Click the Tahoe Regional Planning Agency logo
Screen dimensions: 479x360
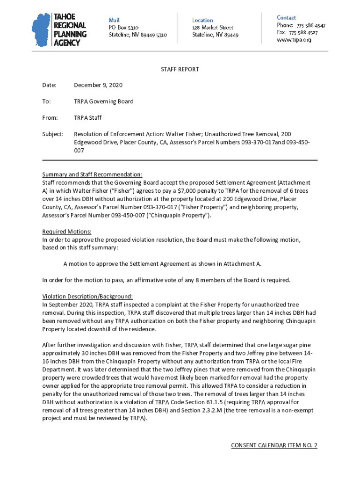click(59, 30)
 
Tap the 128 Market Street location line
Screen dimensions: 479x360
click(213, 28)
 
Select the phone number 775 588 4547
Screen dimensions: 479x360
click(307, 25)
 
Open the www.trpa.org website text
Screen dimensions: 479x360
click(294, 40)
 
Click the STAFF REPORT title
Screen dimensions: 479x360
click(180, 69)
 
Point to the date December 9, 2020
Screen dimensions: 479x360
click(98, 85)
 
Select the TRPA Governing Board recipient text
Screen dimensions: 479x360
click(104, 102)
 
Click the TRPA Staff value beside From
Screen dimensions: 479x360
click(88, 118)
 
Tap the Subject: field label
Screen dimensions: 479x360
click(53, 134)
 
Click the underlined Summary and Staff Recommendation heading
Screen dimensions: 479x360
click(92, 175)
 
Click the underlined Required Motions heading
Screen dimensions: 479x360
click(67, 232)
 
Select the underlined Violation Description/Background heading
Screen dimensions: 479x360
click(87, 296)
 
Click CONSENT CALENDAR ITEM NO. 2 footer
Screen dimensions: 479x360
click(274, 445)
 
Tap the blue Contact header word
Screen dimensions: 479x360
click(286, 18)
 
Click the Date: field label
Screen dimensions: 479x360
click(49, 85)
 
